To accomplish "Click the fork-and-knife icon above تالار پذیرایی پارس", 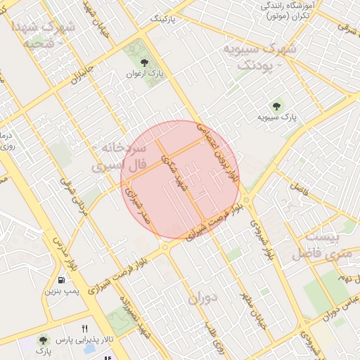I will (85, 328).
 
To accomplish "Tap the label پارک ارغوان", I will (148, 74).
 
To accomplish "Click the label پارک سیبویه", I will (274, 116).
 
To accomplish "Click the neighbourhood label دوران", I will (203, 297).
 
